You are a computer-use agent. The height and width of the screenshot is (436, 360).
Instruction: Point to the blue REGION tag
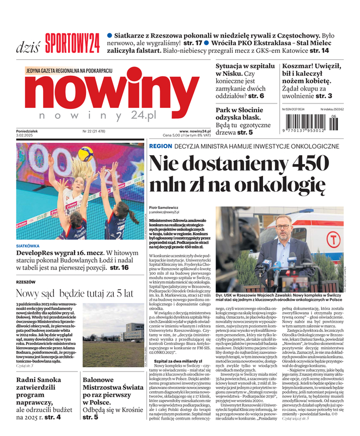pyautogui.click(x=160, y=147)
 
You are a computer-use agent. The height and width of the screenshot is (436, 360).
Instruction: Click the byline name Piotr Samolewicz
pyautogui.click(x=163, y=208)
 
